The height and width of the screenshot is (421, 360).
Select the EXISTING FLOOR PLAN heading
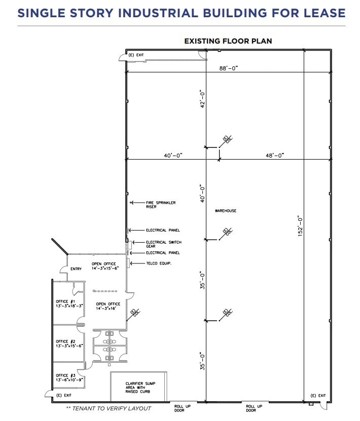[228, 41]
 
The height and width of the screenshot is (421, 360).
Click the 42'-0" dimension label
[202, 99]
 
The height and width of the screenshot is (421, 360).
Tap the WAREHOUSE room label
[226, 211]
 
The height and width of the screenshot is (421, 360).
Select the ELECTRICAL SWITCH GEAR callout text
[163, 244]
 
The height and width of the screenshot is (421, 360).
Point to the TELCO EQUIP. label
[159, 263]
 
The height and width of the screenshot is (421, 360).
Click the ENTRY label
[76, 269]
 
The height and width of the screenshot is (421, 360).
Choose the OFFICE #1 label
[66, 303]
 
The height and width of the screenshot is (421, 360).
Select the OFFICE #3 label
[66, 377]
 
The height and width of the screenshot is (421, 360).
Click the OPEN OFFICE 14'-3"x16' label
[108, 306]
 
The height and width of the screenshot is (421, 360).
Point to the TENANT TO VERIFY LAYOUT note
[108, 408]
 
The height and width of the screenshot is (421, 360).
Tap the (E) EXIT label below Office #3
[64, 395]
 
